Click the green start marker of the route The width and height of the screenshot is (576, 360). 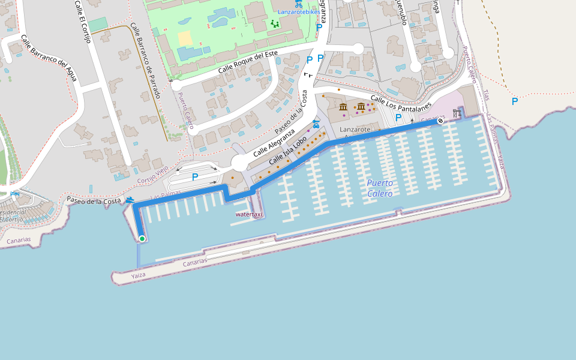pyautogui.click(x=142, y=239)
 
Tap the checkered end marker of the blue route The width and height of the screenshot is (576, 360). pyautogui.click(x=440, y=121)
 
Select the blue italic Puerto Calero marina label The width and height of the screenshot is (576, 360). pyautogui.click(x=380, y=188)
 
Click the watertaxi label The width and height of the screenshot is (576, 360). pyautogui.click(x=250, y=214)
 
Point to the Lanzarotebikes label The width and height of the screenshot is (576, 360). pyautogui.click(x=299, y=12)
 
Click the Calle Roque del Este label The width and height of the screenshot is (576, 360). pyautogui.click(x=248, y=62)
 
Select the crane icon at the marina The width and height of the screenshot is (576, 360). pyautogui.click(x=458, y=113)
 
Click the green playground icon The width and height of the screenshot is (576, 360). pyautogui.click(x=275, y=24)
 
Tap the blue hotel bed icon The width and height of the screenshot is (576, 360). pyautogui.click(x=14, y=194)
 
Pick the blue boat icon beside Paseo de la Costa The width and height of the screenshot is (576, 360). pyautogui.click(x=130, y=200)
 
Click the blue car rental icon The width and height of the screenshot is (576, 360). pyautogui.click(x=316, y=123)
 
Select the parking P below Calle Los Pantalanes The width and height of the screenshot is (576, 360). pyautogui.click(x=398, y=117)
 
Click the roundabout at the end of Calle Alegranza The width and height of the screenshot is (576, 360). pyautogui.click(x=241, y=163)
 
